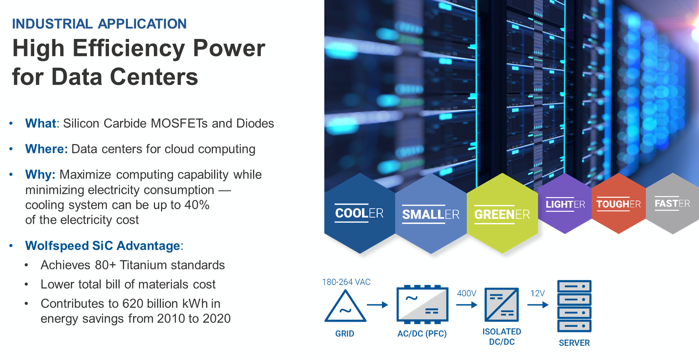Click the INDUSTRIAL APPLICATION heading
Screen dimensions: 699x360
tap(99, 24)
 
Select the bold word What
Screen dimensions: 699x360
tap(41, 123)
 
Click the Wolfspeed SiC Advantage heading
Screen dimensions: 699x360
tap(103, 246)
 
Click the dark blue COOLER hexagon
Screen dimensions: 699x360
tap(359, 213)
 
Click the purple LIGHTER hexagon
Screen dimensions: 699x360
tap(565, 204)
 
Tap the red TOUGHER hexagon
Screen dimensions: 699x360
tap(619, 204)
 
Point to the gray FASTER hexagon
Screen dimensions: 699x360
tap(673, 204)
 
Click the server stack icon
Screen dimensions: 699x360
tap(574, 306)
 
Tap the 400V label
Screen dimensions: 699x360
tap(467, 293)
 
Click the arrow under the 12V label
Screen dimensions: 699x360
tap(538, 305)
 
